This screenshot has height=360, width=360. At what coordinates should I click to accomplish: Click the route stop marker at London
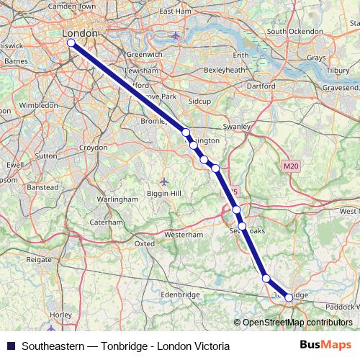[x=71, y=42]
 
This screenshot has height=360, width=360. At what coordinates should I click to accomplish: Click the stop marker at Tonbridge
[x=289, y=297]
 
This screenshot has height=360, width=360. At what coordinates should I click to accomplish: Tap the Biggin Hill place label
[x=165, y=194]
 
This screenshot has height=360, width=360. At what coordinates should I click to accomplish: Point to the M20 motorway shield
[x=290, y=166]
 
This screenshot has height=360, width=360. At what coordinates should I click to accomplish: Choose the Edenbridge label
[x=179, y=294]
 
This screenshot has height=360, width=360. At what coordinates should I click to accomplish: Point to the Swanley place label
[x=235, y=125]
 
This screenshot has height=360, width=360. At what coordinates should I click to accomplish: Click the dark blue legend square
[x=11, y=346]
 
